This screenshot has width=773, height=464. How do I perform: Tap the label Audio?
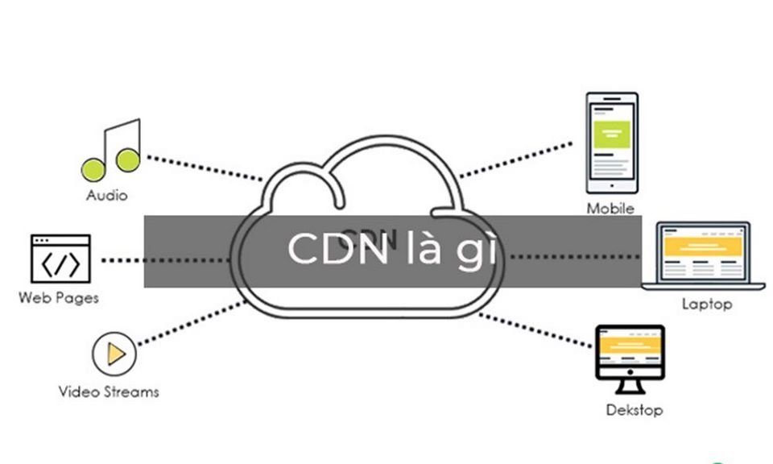107,196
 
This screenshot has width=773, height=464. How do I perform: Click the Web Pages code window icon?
60,258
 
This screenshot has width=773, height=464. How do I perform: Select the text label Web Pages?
59,298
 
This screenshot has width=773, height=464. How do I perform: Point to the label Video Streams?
109,392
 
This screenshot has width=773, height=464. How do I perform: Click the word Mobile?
610,209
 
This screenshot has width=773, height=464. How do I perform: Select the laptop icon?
703,255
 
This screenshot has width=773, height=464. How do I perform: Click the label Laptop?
707,304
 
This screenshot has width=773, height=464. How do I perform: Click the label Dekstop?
635,411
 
